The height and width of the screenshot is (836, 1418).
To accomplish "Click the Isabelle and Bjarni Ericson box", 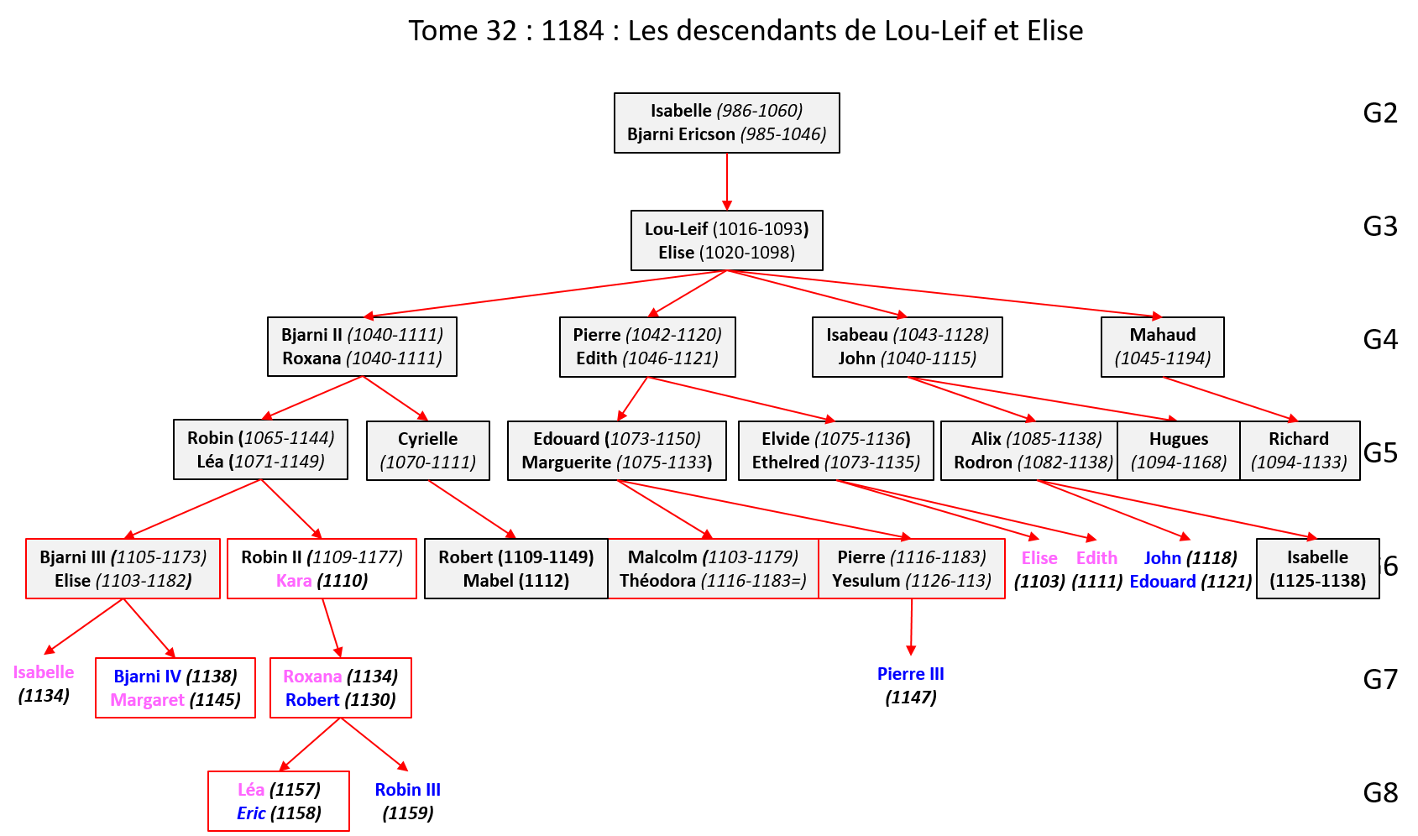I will [726, 123].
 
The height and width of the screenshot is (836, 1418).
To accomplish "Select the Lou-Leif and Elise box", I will [726, 241].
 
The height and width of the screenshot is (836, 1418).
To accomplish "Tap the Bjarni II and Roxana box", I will [362, 347].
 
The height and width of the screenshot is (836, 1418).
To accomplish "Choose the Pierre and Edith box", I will [647, 347].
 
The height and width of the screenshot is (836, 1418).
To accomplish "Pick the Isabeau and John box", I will [907, 347].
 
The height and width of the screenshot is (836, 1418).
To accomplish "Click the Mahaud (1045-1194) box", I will [1162, 347].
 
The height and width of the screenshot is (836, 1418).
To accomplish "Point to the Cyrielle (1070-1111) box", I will [427, 451].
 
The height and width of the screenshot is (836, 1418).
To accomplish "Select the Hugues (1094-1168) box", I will [1178, 451].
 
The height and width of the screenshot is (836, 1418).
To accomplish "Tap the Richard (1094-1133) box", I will [1299, 451].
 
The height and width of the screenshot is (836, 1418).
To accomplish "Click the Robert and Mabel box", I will [515, 569].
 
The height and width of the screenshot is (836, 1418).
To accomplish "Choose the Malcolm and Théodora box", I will [713, 569].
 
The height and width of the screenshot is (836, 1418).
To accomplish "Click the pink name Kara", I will [294, 581].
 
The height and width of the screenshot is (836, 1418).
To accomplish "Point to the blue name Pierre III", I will [910, 674].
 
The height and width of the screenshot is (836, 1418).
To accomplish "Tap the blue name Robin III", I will [407, 790].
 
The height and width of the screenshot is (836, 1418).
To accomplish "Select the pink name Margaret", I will [147, 700].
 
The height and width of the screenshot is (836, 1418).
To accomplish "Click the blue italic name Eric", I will [251, 813].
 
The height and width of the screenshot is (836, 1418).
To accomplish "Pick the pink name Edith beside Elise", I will [1096, 558].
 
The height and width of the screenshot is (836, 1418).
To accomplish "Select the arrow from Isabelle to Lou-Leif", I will [727, 181].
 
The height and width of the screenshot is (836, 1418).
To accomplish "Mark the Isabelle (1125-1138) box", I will [1317, 569].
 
